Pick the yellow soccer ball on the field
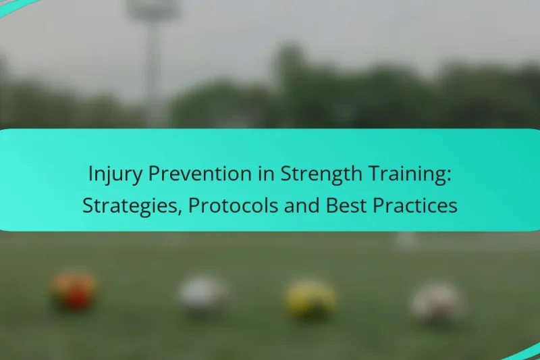[310, 298]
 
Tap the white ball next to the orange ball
[201, 294]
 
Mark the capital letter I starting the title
[90, 174]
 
